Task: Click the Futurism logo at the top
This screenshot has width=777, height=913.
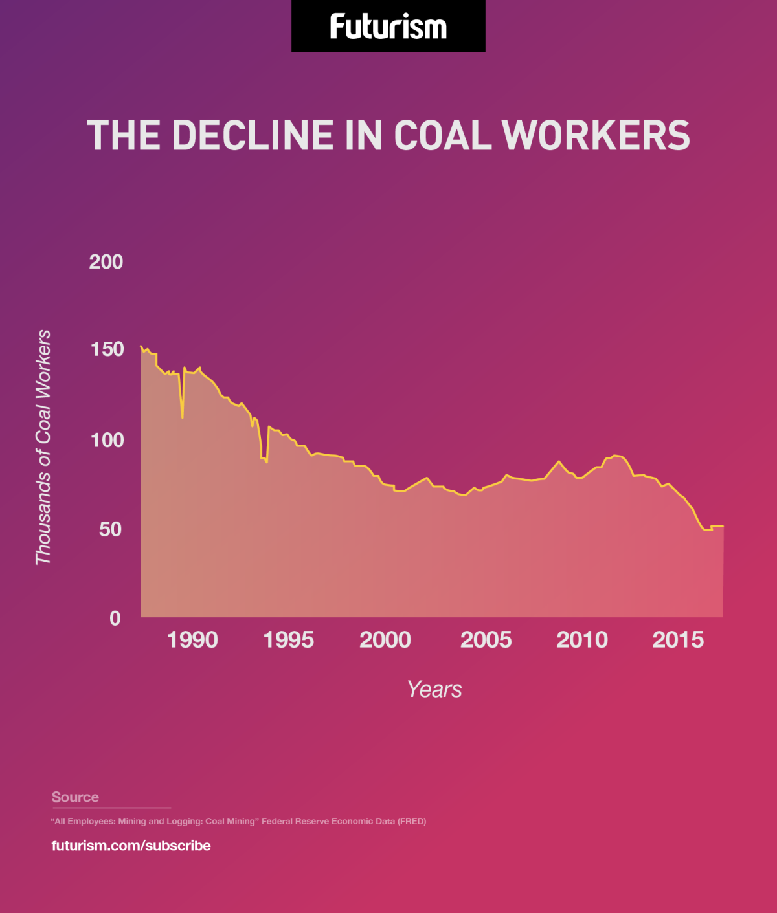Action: point(388,27)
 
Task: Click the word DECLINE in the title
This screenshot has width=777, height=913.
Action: point(253,135)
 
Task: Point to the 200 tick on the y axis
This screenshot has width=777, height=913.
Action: point(106,262)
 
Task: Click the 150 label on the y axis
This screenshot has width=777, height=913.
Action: point(106,349)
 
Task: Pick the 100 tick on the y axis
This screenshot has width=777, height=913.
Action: point(106,440)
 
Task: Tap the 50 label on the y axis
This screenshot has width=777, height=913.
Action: point(109,529)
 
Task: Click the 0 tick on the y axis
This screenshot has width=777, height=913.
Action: point(115,619)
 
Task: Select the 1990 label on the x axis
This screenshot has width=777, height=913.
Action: point(192,640)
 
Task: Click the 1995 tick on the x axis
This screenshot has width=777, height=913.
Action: point(289,640)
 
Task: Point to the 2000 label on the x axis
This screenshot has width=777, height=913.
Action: point(385,640)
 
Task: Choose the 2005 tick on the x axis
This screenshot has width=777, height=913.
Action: point(486,640)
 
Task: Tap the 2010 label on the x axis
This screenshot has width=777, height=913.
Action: point(582,640)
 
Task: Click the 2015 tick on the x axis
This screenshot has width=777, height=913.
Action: point(678,640)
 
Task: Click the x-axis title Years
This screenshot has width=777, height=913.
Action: point(434,690)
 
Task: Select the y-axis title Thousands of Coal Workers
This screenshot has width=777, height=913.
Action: point(43,447)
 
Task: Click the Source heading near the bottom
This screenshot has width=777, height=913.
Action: point(75,797)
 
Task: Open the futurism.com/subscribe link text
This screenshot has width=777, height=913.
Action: point(131,846)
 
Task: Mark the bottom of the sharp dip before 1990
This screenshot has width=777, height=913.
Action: point(183,417)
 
